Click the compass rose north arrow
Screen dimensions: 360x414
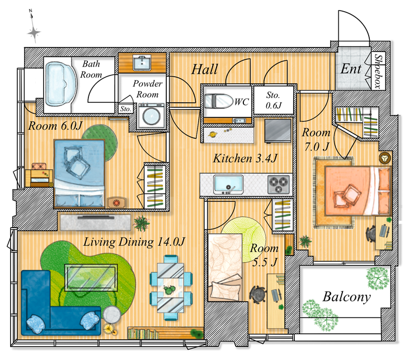pos(34,32)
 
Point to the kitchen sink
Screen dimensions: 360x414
pos(228,183)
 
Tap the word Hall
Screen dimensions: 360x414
pos(205,70)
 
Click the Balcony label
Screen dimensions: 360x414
pos(346,296)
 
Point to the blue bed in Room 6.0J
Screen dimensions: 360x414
pos(79,171)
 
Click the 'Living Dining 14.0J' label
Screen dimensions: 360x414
pos(134,242)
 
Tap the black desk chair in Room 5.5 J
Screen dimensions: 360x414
pos(258,294)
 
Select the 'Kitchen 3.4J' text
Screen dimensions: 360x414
pos(245,159)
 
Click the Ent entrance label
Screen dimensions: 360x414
pos(351,69)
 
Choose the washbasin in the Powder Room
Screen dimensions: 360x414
pos(141,63)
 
